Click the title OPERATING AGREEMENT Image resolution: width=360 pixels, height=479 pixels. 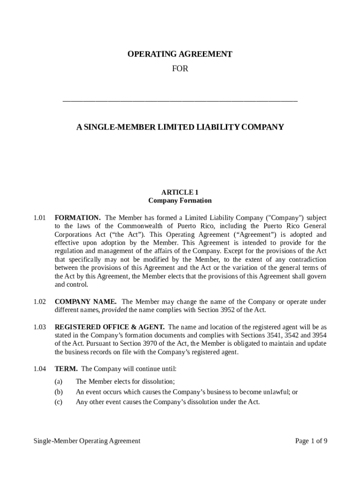pos(180,54)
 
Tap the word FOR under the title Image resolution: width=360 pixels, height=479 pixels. pos(180,69)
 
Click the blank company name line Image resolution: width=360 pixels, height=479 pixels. pos(180,100)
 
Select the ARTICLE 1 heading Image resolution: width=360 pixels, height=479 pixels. pos(180,192)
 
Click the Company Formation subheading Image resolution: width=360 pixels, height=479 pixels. pos(180,201)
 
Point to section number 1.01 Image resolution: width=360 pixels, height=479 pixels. pos(40,218)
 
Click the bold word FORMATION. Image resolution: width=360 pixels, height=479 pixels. pos(78,218)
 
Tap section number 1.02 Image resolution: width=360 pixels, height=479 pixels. pos(40,302)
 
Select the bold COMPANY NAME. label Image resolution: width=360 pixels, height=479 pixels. pos(86,302)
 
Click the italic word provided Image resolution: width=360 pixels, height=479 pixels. pos(114,310)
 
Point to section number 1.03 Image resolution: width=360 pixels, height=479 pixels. pos(40,327)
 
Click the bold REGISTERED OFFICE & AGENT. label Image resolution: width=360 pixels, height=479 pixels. pos(109,327)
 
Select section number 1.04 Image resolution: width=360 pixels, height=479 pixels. pos(40,369)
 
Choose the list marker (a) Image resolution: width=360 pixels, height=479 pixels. pos(58,382)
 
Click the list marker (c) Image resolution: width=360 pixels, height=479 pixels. pos(58,402)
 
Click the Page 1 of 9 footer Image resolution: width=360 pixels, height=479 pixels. pos(311,441)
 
